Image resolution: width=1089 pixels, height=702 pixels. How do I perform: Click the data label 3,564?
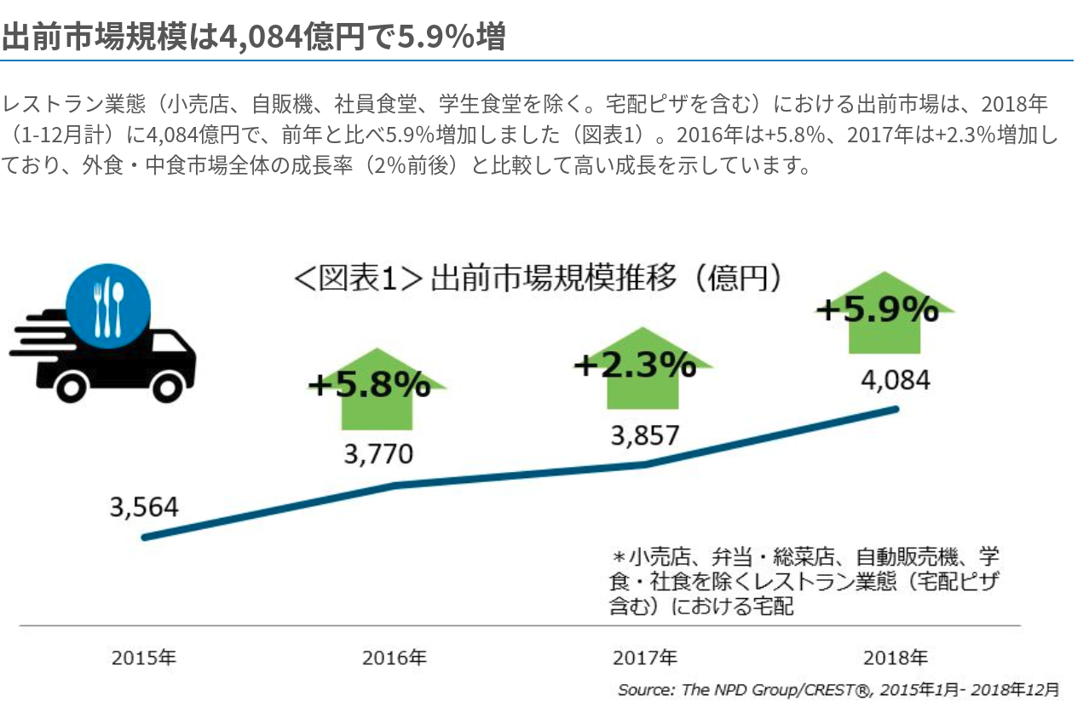[144, 508]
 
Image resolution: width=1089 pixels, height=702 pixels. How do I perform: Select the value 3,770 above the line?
[378, 454]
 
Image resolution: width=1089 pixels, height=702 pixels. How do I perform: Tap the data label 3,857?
[645, 435]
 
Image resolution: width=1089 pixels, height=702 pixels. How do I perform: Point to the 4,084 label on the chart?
[896, 380]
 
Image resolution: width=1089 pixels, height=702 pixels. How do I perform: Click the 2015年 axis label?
[144, 658]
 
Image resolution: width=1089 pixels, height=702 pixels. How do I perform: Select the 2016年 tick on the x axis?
[395, 658]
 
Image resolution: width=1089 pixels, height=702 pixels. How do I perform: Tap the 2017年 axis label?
[645, 658]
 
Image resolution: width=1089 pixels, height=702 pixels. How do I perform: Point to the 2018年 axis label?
[896, 658]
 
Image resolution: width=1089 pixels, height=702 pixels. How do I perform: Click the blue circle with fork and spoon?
[108, 303]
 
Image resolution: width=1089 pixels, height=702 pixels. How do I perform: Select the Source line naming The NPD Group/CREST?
[838, 688]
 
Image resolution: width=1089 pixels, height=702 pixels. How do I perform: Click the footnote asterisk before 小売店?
[619, 558]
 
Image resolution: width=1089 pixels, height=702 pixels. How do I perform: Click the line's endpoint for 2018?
[896, 409]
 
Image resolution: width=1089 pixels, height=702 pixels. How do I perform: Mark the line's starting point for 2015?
[145, 537]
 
